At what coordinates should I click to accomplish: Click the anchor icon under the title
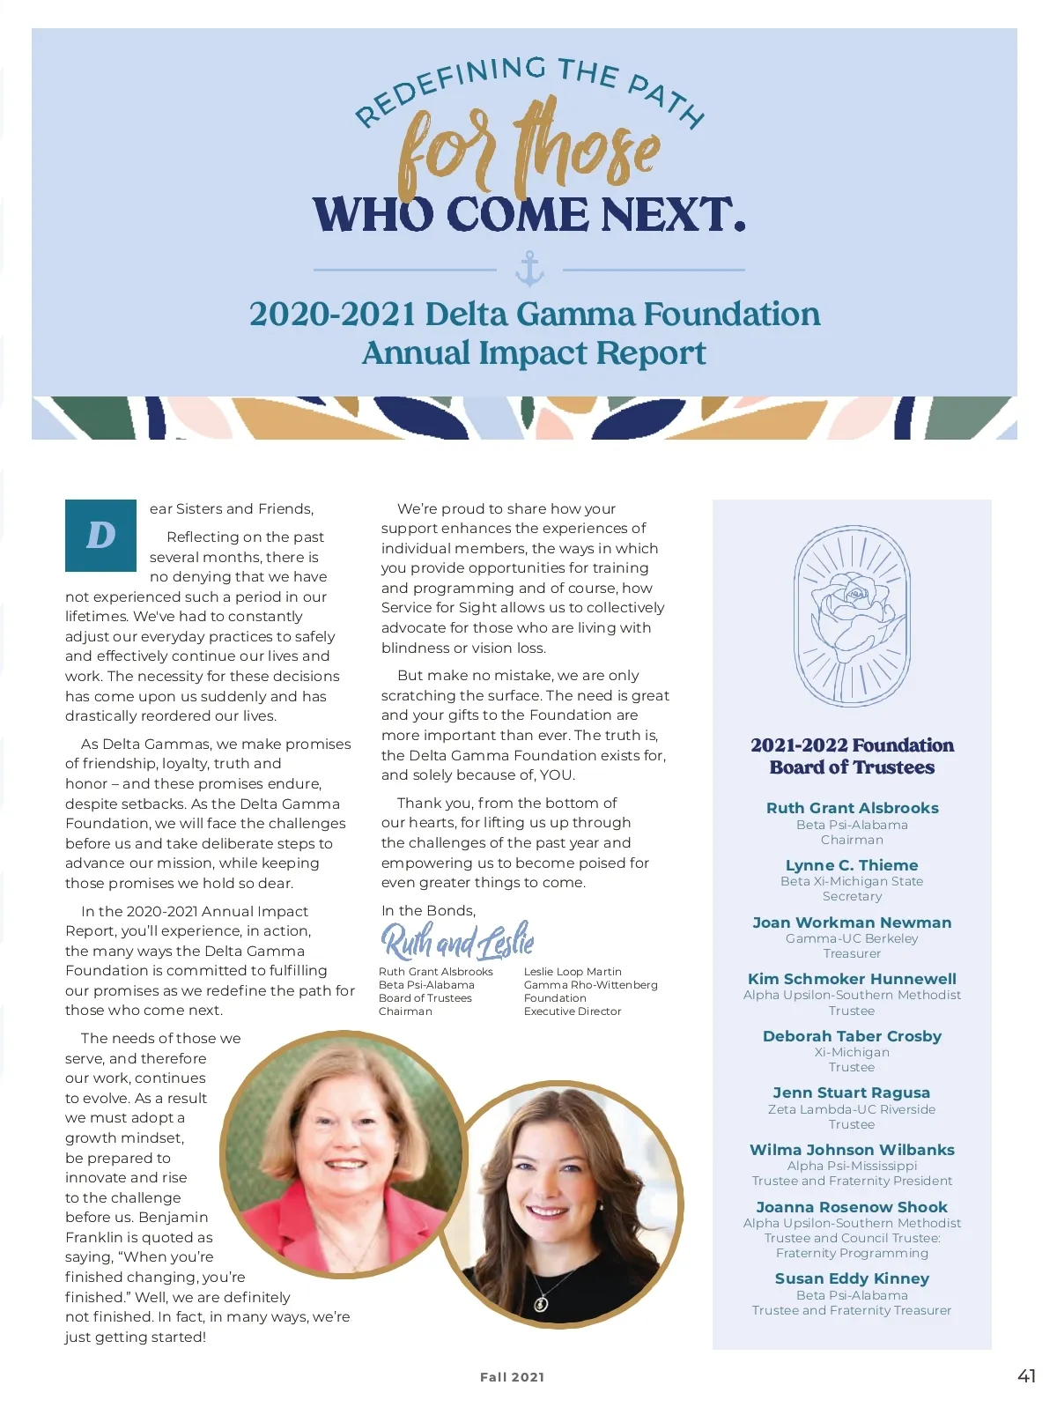(529, 269)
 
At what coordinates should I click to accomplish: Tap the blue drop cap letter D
(100, 536)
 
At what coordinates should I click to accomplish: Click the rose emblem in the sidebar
(852, 616)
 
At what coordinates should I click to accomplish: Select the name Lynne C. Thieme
(852, 865)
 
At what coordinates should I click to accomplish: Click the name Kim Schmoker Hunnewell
(852, 979)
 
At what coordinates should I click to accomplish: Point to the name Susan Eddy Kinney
(852, 1278)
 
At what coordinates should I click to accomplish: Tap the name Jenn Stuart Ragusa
(852, 1093)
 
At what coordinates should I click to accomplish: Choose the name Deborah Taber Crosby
(852, 1036)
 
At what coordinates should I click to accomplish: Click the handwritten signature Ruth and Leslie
(458, 941)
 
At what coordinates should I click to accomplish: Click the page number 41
(1026, 1376)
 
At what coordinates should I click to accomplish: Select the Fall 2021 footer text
(512, 1377)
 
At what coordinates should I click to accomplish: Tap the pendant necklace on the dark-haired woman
(542, 1302)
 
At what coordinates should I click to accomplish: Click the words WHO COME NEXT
(529, 214)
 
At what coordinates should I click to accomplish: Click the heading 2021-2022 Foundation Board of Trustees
(852, 756)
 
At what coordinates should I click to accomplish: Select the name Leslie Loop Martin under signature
(573, 972)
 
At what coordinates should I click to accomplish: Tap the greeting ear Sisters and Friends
(232, 509)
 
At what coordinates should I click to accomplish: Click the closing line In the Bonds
(428, 911)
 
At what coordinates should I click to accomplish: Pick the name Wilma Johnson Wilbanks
(852, 1150)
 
